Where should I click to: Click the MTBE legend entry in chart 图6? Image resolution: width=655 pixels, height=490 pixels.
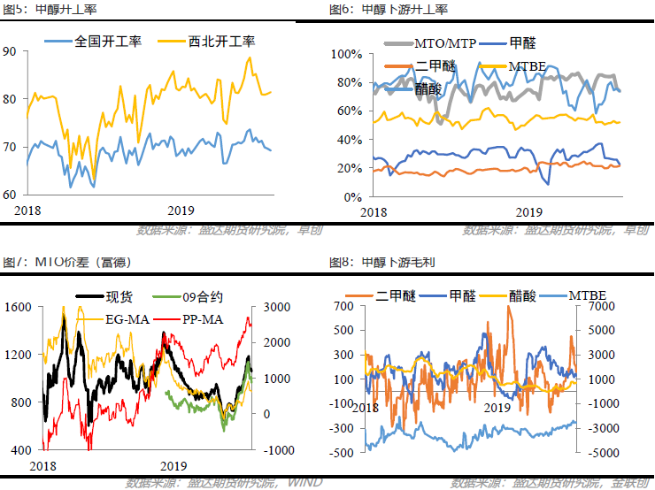(526, 65)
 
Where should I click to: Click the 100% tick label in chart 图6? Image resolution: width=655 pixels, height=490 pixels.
(347, 54)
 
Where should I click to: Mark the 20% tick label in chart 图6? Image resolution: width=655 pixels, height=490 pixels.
(351, 168)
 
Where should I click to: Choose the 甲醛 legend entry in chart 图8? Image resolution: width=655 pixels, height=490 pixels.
(461, 295)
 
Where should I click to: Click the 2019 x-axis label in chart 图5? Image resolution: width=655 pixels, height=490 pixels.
(181, 209)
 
